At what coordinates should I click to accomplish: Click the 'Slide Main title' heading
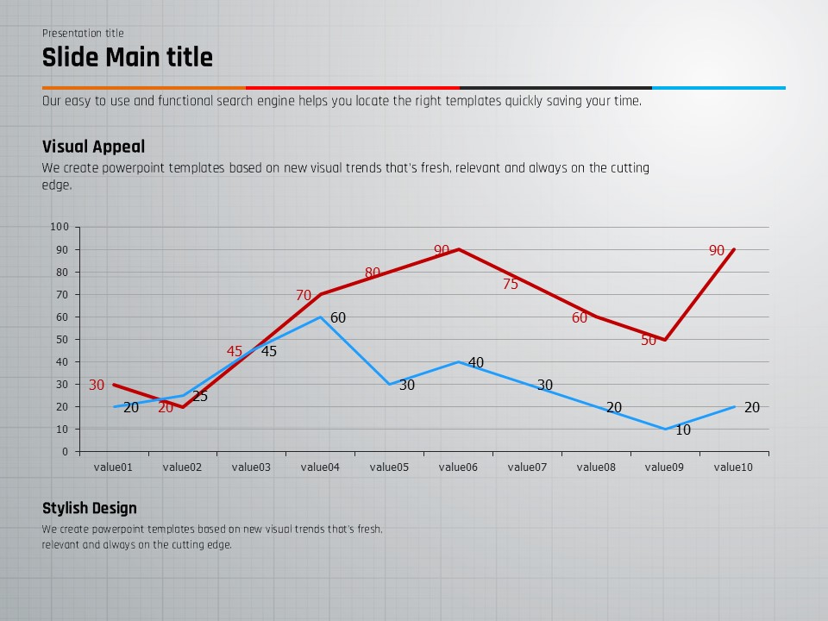click(x=128, y=58)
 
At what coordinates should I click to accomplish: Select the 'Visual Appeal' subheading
click(x=93, y=147)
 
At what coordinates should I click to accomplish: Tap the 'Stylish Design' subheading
click(x=89, y=508)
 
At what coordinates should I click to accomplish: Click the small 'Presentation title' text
click(x=83, y=34)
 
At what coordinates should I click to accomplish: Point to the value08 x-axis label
click(x=596, y=467)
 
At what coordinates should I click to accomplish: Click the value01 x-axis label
click(x=113, y=467)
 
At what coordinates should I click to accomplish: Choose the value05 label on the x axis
click(x=389, y=467)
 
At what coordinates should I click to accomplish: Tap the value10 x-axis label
click(x=734, y=467)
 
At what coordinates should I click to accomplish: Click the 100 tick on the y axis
click(x=60, y=227)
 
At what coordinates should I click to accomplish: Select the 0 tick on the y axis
click(x=65, y=451)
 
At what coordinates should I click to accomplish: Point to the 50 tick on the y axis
click(x=62, y=339)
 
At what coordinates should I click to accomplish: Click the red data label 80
click(x=373, y=273)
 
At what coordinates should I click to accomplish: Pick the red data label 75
click(x=511, y=284)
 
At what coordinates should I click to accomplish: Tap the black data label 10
click(x=683, y=430)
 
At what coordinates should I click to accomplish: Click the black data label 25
click(x=200, y=397)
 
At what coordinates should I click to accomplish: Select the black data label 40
click(x=476, y=362)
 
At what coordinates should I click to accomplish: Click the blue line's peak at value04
click(x=320, y=317)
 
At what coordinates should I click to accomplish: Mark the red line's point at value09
click(x=665, y=339)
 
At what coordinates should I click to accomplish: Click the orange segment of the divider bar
click(x=144, y=87)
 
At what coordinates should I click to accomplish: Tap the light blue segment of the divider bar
click(x=718, y=87)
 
